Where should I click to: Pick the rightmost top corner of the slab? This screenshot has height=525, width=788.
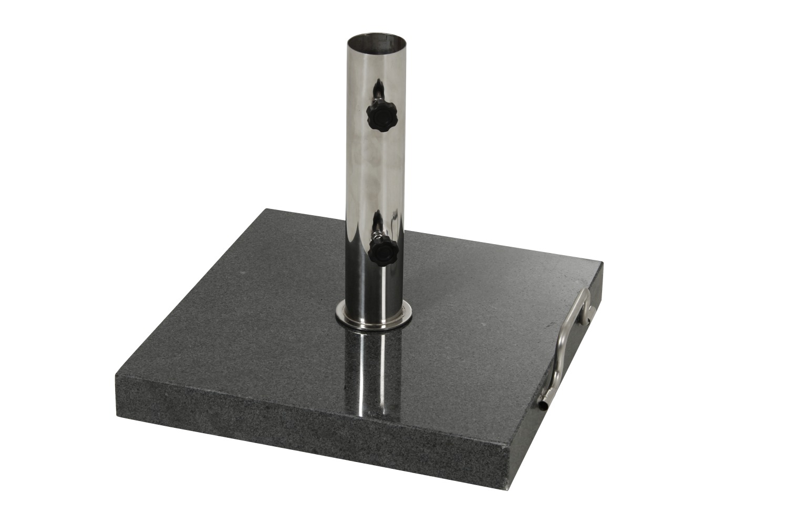(602, 262)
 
